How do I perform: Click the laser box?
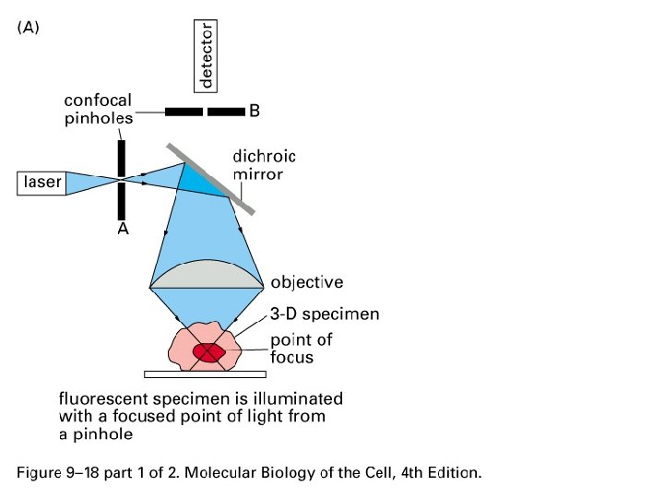click(41, 183)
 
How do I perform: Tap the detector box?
click(207, 56)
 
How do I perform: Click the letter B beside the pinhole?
click(255, 112)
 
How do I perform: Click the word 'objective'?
click(306, 282)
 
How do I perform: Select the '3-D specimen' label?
click(324, 314)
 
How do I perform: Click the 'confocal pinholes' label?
click(98, 109)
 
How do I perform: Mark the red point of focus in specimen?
click(211, 353)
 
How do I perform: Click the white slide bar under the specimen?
click(206, 374)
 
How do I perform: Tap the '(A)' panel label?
click(28, 28)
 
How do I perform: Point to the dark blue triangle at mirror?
click(201, 180)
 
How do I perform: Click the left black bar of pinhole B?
click(184, 112)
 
